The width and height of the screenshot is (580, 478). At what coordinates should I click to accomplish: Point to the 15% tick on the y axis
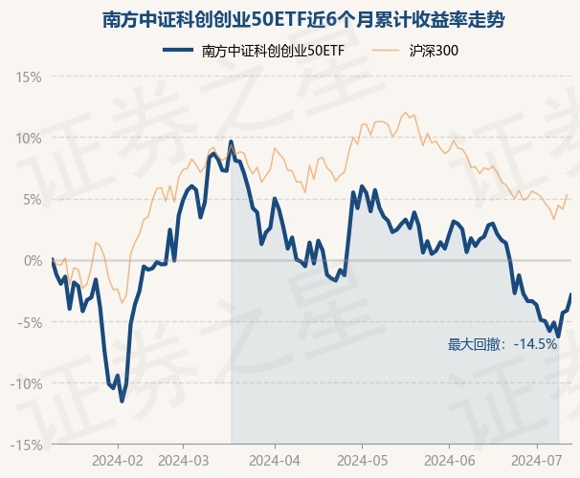click(x=29, y=76)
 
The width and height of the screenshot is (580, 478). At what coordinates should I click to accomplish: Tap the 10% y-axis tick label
click(x=29, y=138)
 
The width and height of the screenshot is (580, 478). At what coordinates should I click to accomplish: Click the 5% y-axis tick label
click(x=33, y=199)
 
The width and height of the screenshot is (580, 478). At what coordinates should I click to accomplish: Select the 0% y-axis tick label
click(x=33, y=260)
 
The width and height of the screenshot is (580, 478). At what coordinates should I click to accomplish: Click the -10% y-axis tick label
click(x=27, y=383)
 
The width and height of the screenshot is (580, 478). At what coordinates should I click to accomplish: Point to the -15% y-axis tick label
click(x=27, y=445)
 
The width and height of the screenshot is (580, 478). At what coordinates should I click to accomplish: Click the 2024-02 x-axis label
click(x=119, y=460)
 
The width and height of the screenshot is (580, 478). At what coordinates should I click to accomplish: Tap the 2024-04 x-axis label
click(x=274, y=460)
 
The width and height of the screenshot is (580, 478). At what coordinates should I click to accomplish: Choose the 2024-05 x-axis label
click(x=362, y=460)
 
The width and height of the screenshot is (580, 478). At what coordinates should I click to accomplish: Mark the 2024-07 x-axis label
click(x=538, y=460)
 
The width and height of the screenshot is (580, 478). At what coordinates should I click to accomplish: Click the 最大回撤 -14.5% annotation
click(x=502, y=344)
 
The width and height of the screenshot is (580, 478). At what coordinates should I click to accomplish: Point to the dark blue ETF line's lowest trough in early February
click(x=122, y=401)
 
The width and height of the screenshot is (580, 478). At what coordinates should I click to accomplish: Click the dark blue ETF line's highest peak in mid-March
click(x=231, y=141)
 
